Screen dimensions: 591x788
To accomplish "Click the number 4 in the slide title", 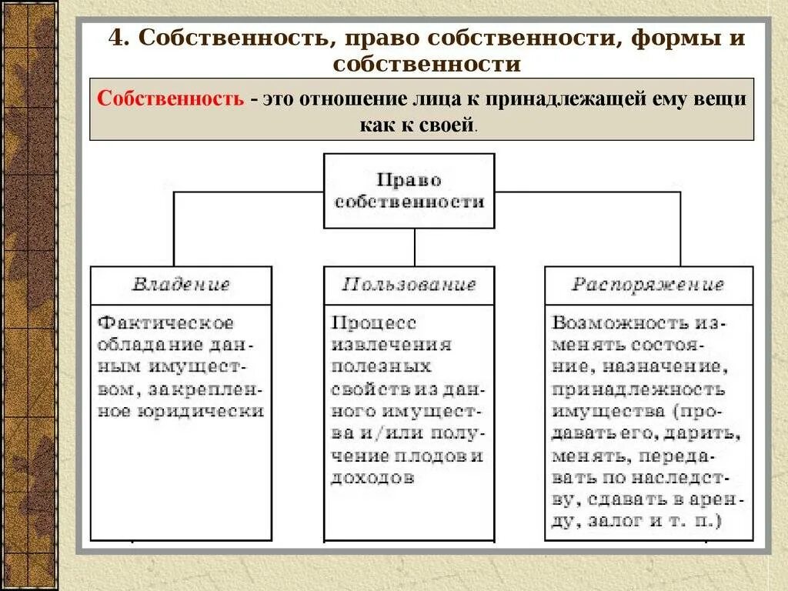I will (115, 38).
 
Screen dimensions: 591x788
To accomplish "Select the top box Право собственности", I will (409, 191).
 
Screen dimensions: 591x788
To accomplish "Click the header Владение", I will (181, 285).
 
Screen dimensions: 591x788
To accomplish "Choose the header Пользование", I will (409, 285).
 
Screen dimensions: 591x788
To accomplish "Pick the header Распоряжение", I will (648, 285).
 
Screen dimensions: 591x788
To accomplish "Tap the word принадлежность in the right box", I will (638, 389).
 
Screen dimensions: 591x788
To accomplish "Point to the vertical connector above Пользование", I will (415, 247).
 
